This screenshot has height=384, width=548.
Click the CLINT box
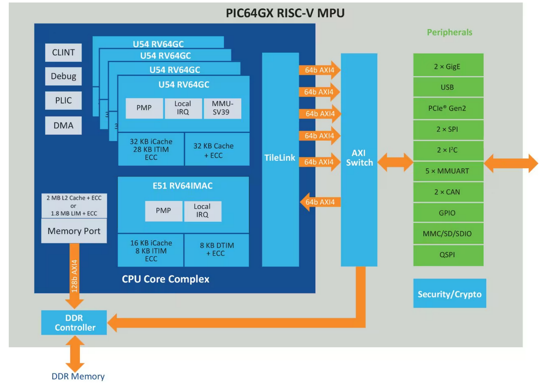coord(63,53)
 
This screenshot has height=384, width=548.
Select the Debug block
coord(63,76)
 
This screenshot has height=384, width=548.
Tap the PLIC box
coord(63,101)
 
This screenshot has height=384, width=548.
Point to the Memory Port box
coord(74,231)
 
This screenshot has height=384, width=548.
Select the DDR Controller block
coord(74,323)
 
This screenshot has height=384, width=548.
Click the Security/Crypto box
coord(449,294)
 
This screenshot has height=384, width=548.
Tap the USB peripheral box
coord(448,88)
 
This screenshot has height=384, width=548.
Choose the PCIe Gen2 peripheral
coord(448,108)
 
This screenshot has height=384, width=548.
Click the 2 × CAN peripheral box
coord(448,192)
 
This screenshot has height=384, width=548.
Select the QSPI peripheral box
coord(448,255)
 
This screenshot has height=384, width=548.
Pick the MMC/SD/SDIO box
coord(448,234)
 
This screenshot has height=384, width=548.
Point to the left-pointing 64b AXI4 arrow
coord(320,202)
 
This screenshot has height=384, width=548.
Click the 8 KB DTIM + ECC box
coord(216,250)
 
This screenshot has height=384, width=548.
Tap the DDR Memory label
coord(78,376)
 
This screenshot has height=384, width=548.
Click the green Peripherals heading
coord(450,32)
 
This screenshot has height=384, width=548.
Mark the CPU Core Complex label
coord(166,279)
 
